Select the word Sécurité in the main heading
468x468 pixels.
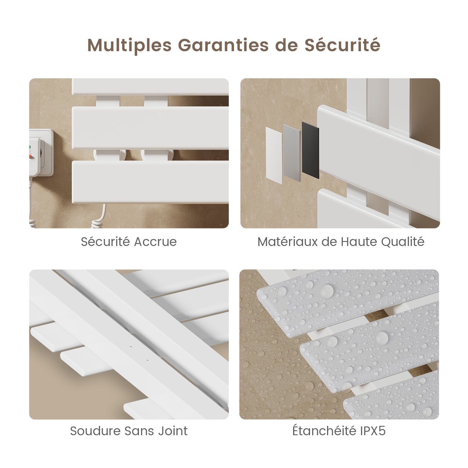(343, 45)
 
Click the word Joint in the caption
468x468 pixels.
(173, 431)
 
